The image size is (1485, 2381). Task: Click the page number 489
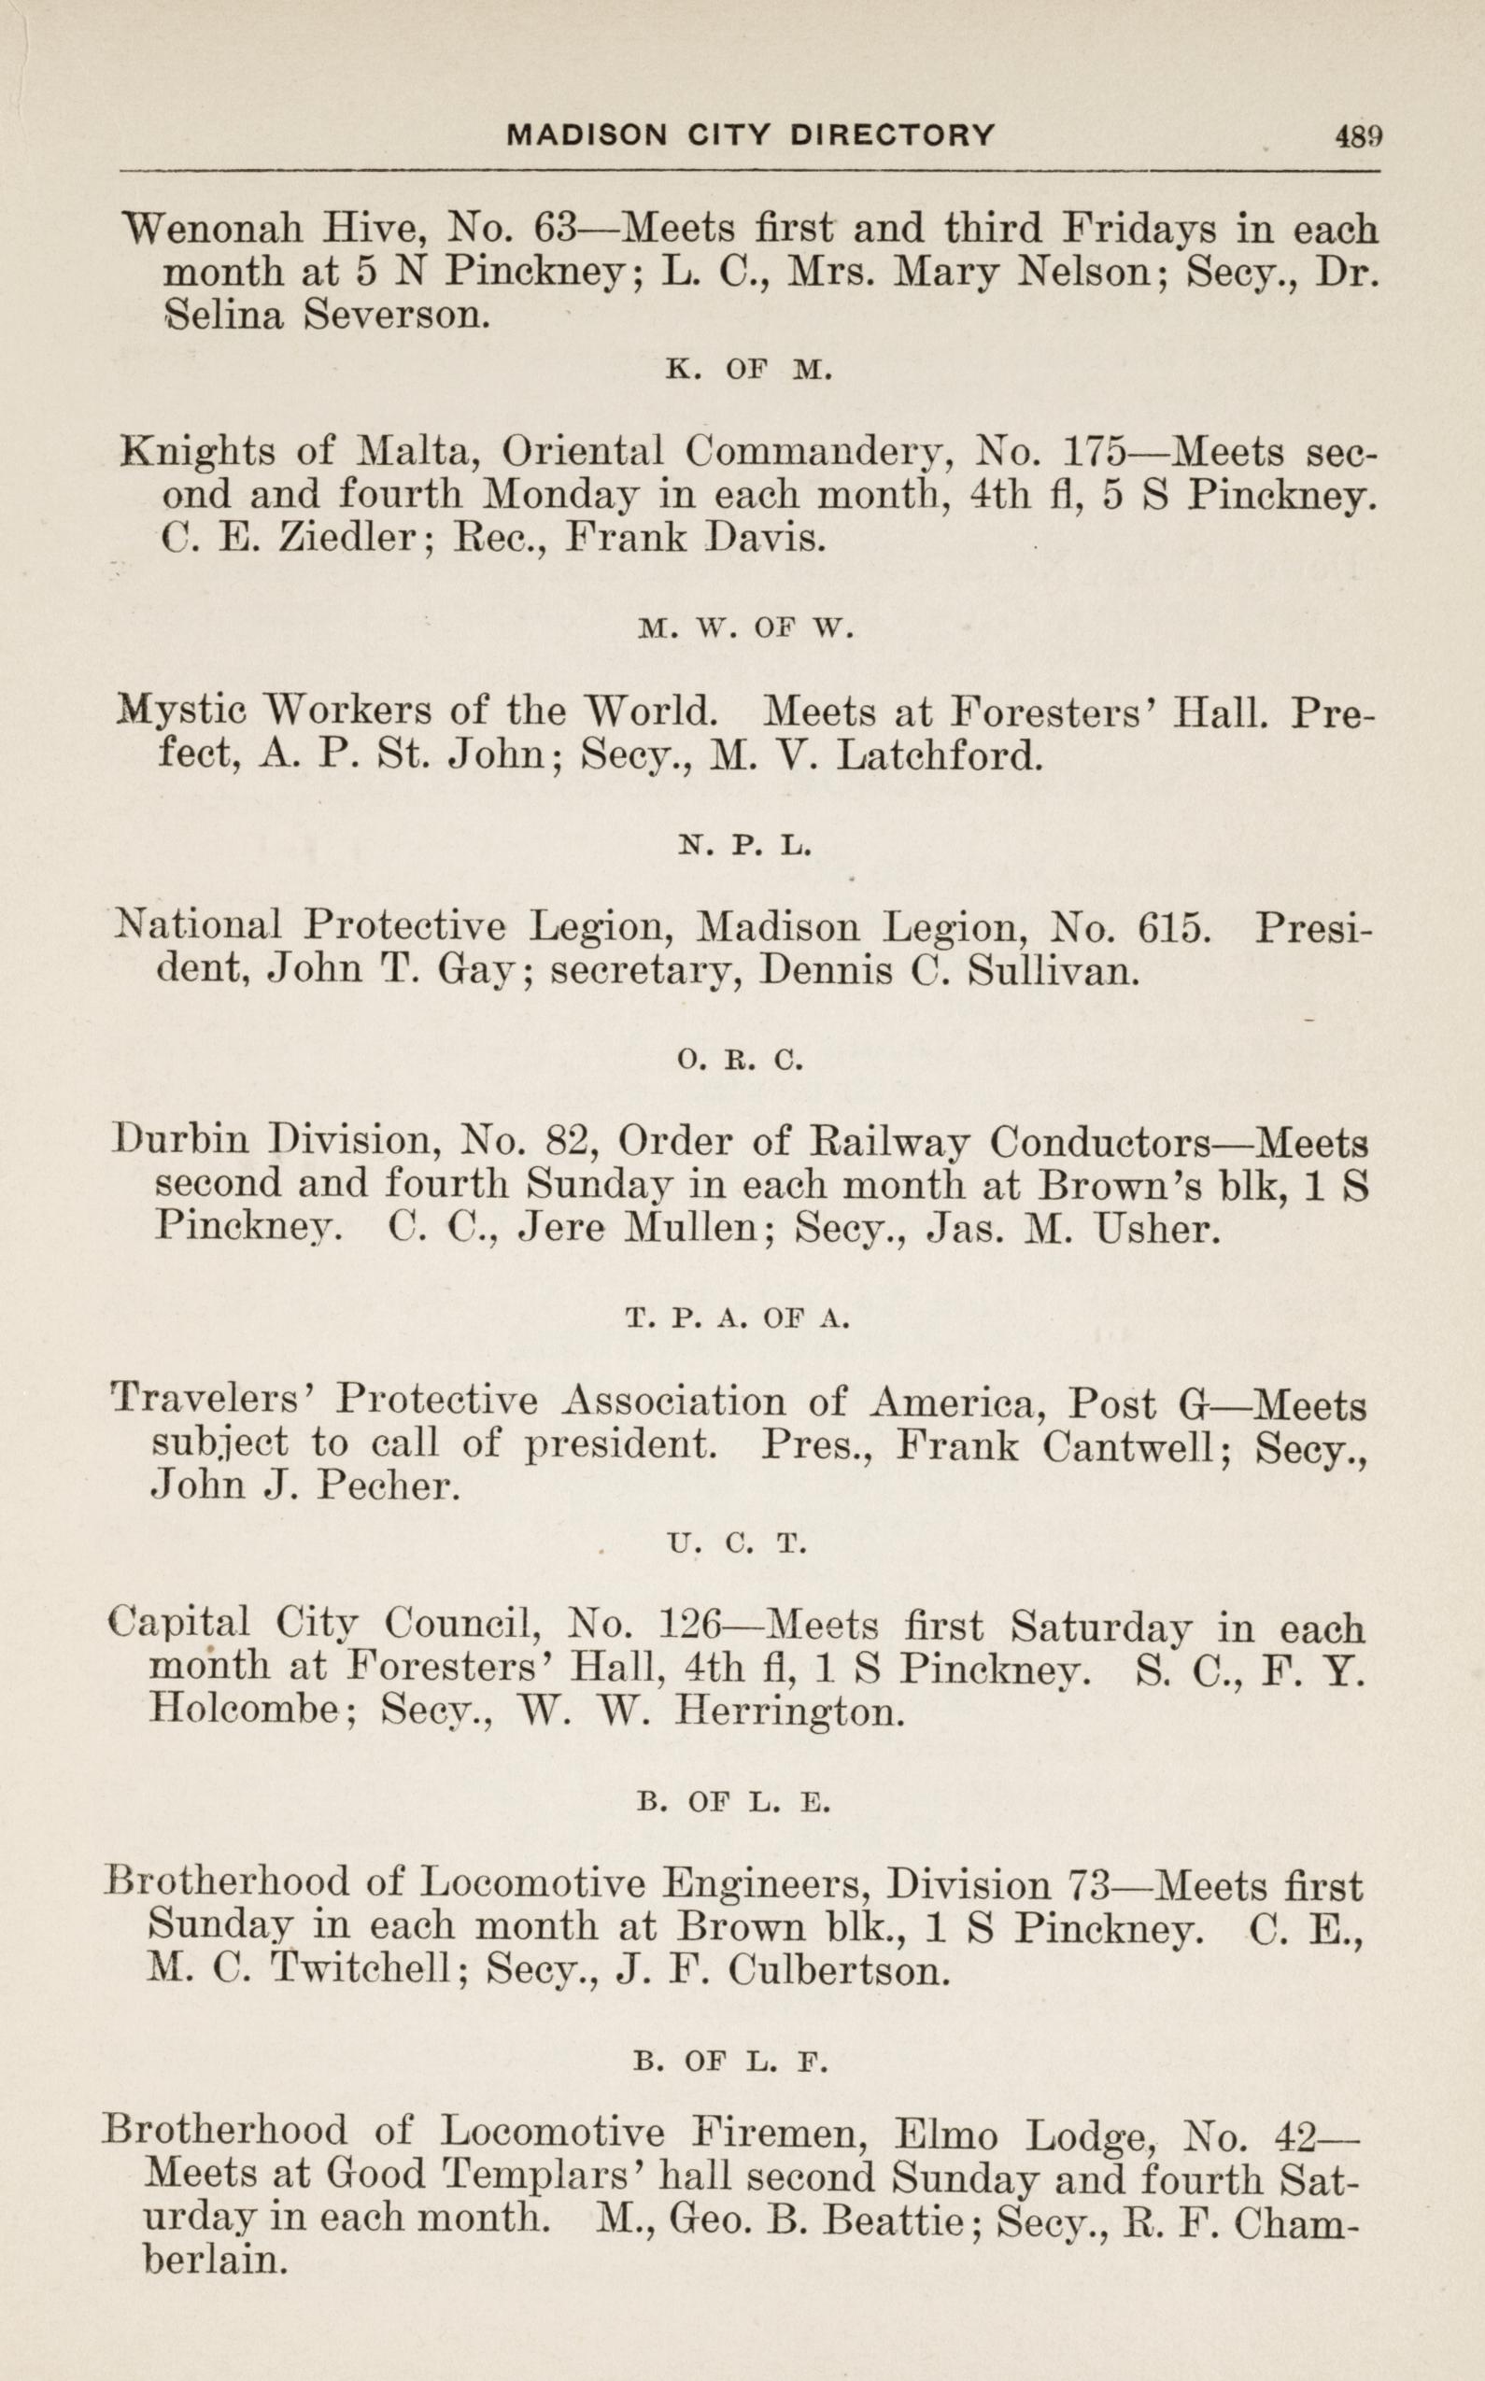pyautogui.click(x=1358, y=135)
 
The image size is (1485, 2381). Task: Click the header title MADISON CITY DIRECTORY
pyautogui.click(x=750, y=134)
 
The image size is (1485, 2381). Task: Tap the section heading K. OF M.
pyautogui.click(x=749, y=370)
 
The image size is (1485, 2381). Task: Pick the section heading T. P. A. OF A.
pyautogui.click(x=737, y=1320)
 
